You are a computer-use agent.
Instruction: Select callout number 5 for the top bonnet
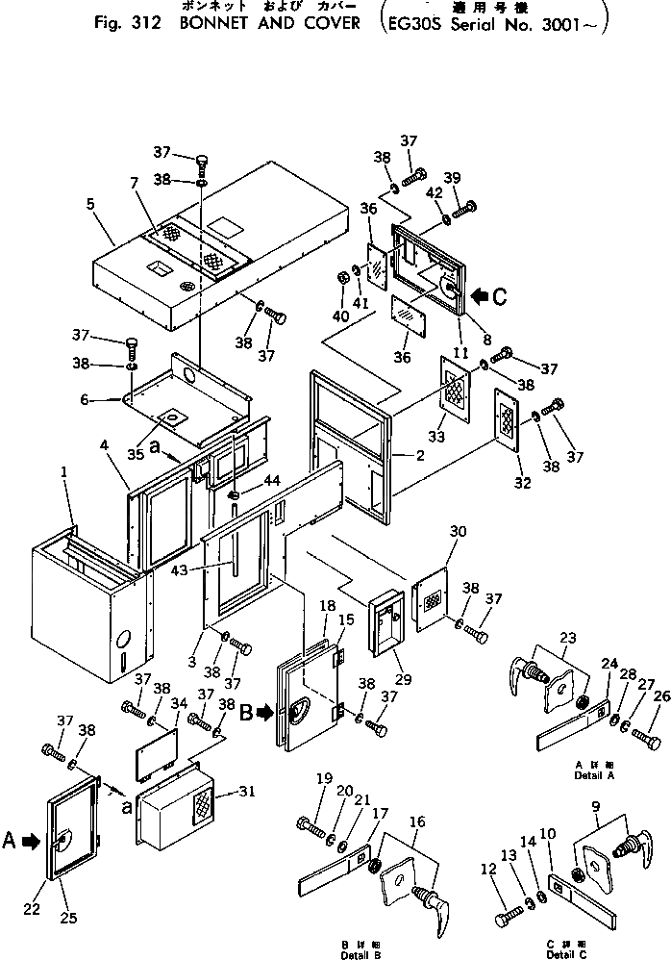click(90, 203)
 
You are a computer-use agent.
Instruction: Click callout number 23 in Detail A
click(567, 637)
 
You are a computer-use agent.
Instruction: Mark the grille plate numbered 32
click(507, 418)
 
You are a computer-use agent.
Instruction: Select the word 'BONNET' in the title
click(215, 22)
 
